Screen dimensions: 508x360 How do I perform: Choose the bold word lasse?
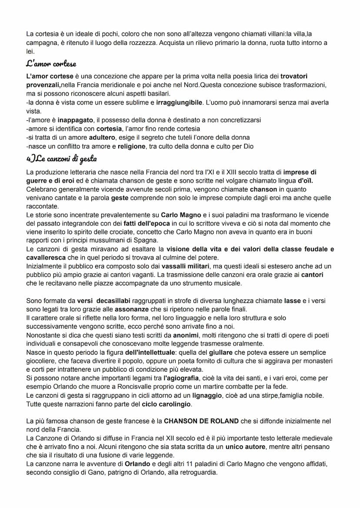(x=292, y=301)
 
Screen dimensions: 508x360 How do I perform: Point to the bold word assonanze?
(x=136, y=309)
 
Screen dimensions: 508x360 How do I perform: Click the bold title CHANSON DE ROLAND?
(x=201, y=421)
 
